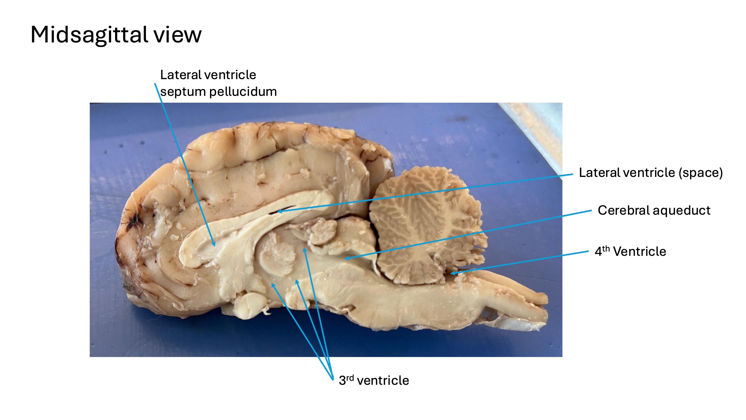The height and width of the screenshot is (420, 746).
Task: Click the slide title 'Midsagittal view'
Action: pos(116,35)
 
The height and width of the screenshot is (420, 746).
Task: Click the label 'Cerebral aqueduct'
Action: pos(654,210)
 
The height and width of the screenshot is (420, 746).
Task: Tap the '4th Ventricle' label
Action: pos(630,251)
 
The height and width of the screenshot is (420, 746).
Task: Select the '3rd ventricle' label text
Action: pos(374,380)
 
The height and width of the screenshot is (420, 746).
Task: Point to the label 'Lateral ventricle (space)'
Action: pos(651,173)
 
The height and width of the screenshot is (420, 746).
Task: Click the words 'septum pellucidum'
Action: pos(218,92)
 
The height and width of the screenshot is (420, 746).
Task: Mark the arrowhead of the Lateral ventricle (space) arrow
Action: pos(279,212)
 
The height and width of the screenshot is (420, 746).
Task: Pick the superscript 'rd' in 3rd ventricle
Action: pos(350,378)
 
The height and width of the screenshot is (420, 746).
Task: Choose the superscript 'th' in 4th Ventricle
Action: pos(606,249)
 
